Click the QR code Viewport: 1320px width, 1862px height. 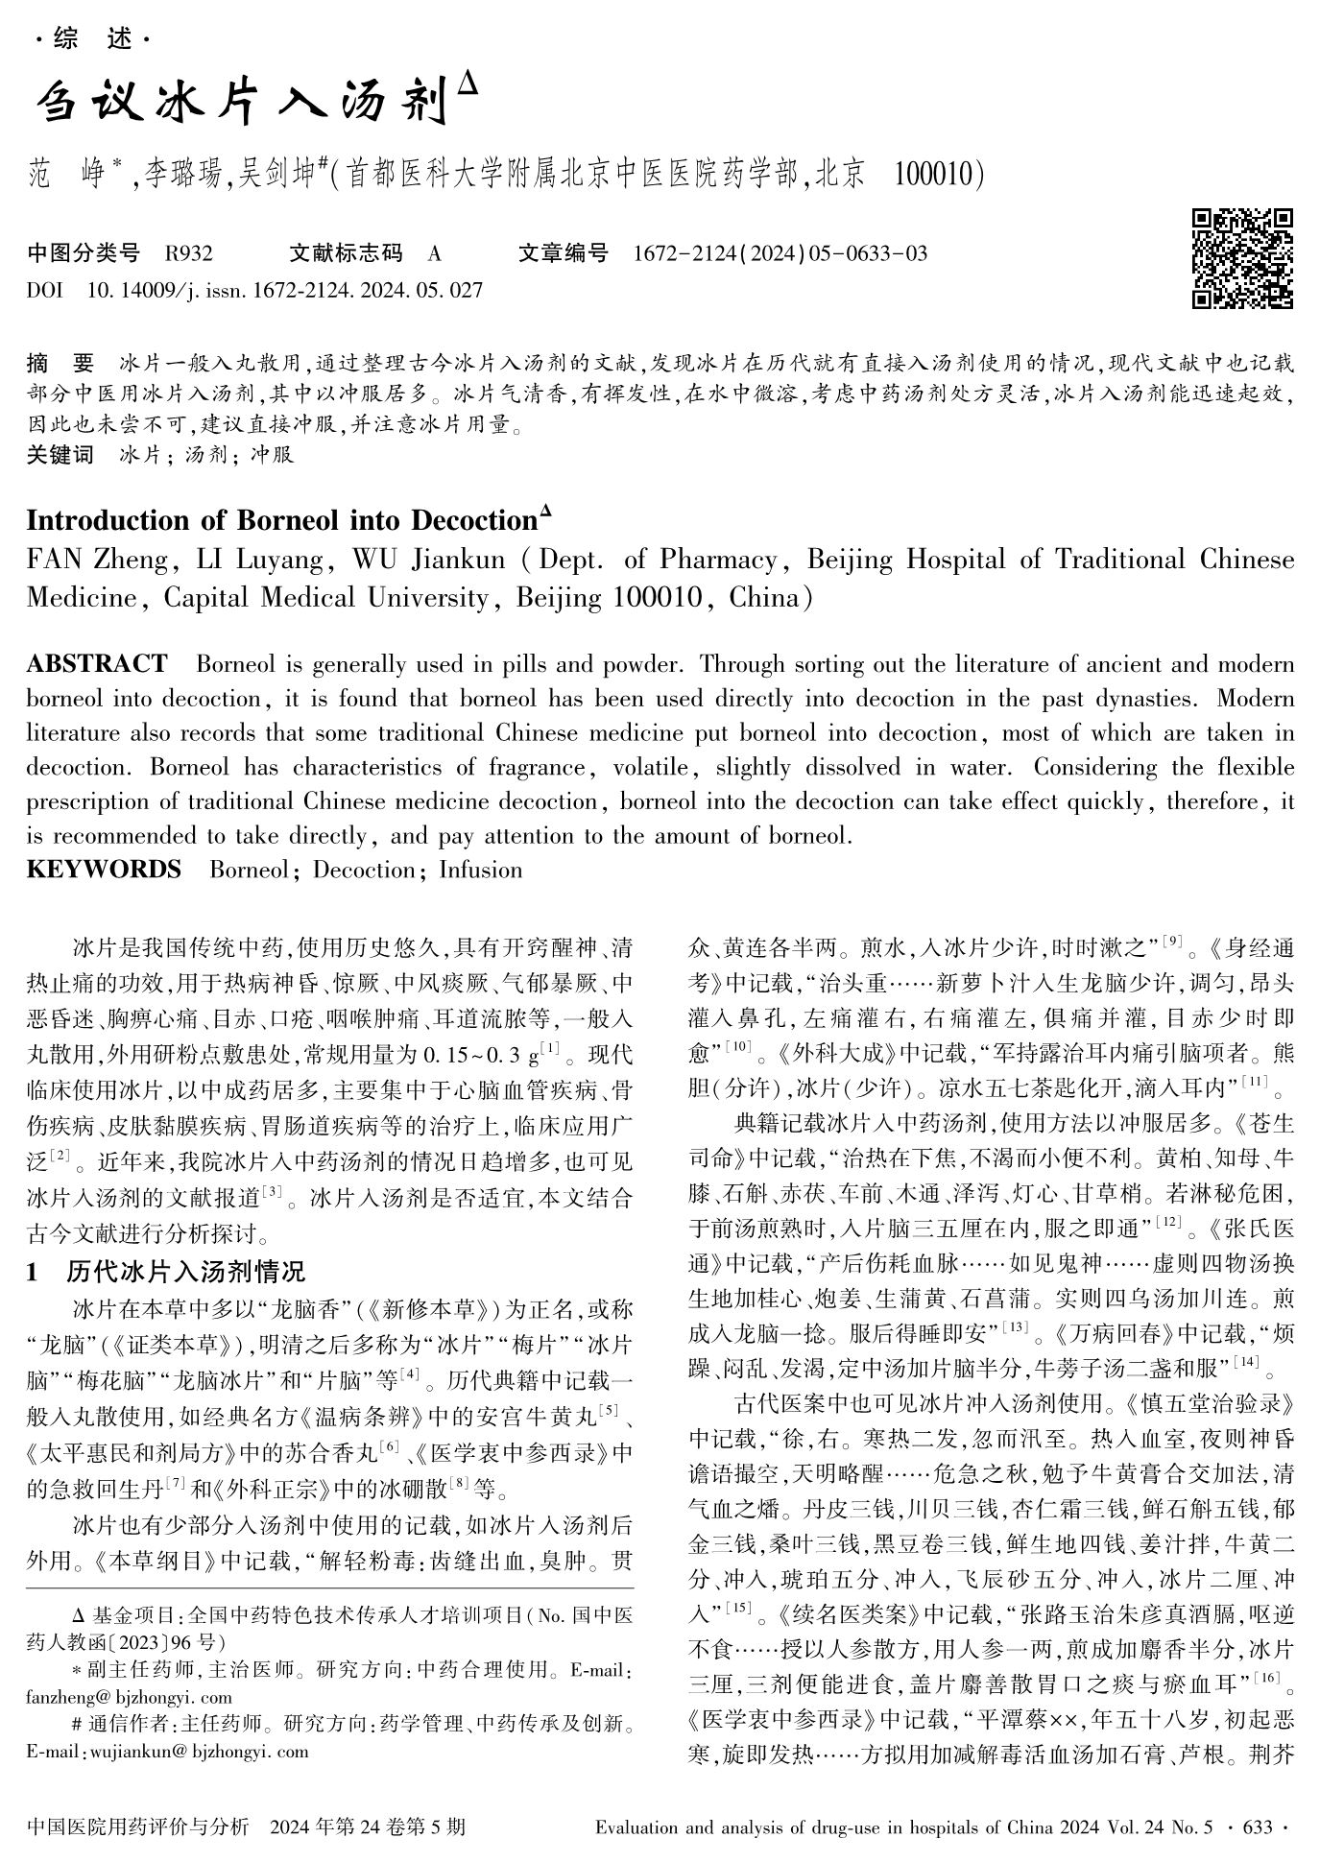click(x=1242, y=259)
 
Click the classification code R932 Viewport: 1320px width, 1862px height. click(x=189, y=253)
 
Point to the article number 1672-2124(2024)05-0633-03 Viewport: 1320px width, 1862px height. click(x=780, y=253)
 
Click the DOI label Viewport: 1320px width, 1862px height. click(x=44, y=289)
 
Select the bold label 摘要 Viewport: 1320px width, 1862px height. click(x=61, y=364)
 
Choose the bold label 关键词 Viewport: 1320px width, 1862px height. click(x=60, y=455)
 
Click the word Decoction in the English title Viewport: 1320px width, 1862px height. click(x=473, y=520)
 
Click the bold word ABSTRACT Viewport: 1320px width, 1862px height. click(x=97, y=664)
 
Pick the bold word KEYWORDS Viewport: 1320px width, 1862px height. click(x=104, y=870)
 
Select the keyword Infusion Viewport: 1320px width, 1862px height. click(x=481, y=870)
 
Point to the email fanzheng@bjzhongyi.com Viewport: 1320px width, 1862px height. click(x=129, y=1697)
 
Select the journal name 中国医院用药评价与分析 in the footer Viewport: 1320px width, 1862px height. click(x=138, y=1826)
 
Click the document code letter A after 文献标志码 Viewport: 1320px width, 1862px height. click(x=435, y=253)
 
